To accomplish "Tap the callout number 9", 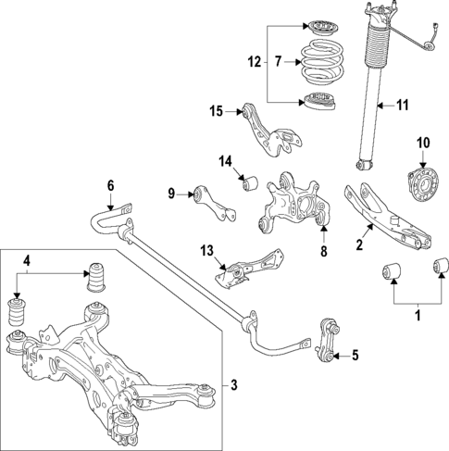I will (171, 193).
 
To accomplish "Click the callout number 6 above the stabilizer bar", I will (110, 185).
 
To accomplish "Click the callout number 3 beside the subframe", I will (232, 384).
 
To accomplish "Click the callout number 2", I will (359, 245).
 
